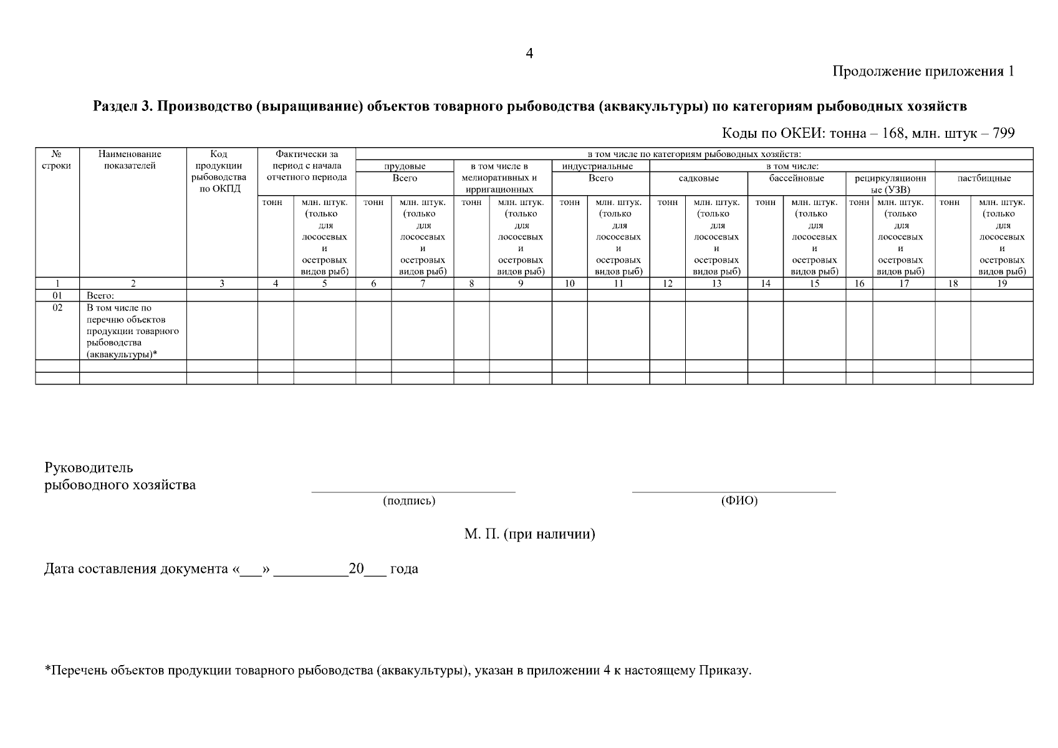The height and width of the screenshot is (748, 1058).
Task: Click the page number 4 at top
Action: point(529,54)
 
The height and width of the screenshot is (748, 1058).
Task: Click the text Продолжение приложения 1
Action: point(923,72)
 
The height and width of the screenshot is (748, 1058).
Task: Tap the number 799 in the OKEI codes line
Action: point(1003,133)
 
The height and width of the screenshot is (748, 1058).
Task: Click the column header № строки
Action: point(57,160)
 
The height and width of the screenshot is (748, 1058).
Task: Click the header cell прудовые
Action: point(405,166)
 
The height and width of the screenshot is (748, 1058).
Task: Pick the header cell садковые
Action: point(698,178)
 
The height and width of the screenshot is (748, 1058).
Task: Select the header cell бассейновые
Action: point(796,178)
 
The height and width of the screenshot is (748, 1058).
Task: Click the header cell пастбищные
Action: point(984,178)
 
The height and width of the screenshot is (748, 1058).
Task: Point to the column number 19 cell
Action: point(1001,284)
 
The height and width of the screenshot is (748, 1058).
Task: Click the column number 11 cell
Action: point(618,284)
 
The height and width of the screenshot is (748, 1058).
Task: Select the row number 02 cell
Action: point(57,308)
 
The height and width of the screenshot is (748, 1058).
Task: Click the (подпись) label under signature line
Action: point(408,501)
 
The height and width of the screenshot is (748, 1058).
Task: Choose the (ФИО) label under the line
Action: point(739,501)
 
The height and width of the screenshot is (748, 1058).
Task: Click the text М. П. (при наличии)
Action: point(529,534)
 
